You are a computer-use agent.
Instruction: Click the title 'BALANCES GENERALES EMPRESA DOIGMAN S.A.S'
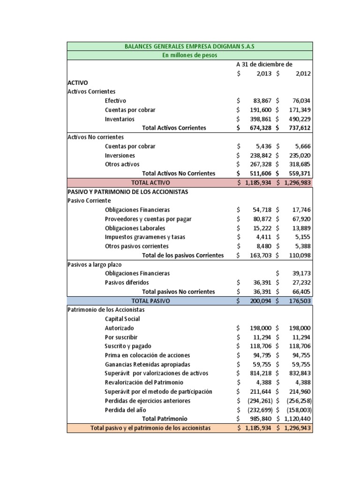pos(189,46)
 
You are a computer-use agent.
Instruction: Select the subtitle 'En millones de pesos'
pos(189,55)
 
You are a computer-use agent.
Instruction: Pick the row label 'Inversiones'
pos(120,155)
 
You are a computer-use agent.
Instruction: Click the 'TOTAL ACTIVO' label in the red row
pos(150,182)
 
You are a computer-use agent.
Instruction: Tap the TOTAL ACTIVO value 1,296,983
pos(297,182)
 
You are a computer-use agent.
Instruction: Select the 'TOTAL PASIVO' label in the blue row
pos(150,300)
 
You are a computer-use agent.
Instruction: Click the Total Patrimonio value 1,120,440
pos(297,419)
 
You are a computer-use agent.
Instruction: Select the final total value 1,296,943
pos(297,428)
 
